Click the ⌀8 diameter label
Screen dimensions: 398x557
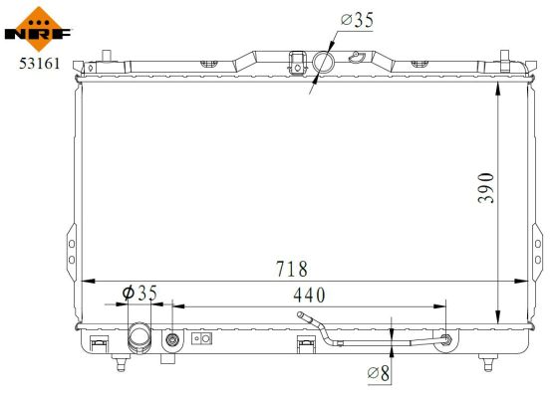[379, 373]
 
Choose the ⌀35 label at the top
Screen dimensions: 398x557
[357, 19]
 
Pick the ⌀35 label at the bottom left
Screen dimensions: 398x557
[139, 293]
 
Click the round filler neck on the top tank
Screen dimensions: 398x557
[324, 63]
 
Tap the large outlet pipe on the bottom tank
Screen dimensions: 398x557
[139, 341]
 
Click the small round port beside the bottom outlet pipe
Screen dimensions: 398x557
[173, 340]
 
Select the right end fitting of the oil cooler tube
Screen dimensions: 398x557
[444, 341]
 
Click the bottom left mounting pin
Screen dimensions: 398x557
[121, 362]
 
